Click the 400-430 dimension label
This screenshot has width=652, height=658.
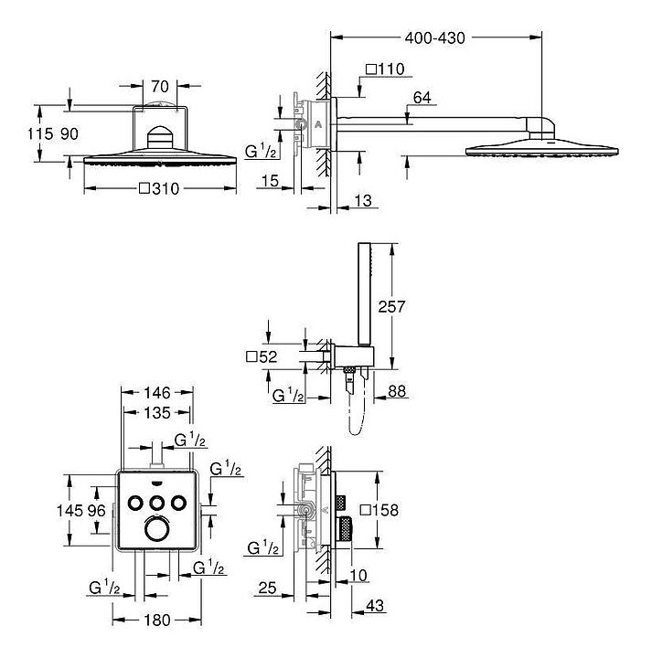click(434, 38)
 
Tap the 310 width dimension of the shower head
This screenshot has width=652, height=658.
click(159, 189)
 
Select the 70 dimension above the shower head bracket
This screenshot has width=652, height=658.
click(160, 87)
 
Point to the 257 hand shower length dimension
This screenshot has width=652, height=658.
click(391, 307)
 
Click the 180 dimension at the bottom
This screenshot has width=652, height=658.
click(157, 620)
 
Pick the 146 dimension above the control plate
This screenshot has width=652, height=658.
click(157, 393)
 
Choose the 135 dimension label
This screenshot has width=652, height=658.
click(157, 413)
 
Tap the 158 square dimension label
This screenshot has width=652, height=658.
click(379, 510)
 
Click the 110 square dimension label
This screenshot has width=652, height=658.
click(385, 69)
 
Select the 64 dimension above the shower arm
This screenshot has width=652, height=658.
click(422, 98)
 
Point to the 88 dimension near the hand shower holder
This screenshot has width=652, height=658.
click(397, 391)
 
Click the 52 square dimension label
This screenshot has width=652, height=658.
click(262, 357)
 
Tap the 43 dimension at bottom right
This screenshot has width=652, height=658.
click(375, 606)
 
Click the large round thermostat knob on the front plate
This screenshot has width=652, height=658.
click(157, 529)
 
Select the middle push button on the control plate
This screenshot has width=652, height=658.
click(157, 503)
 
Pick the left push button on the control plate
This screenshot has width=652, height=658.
click(135, 503)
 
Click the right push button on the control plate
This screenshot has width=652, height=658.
click(178, 503)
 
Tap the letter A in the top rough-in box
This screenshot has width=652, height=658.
click(318, 124)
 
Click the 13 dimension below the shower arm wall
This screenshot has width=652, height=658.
click(363, 200)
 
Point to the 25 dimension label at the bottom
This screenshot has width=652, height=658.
click(267, 588)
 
